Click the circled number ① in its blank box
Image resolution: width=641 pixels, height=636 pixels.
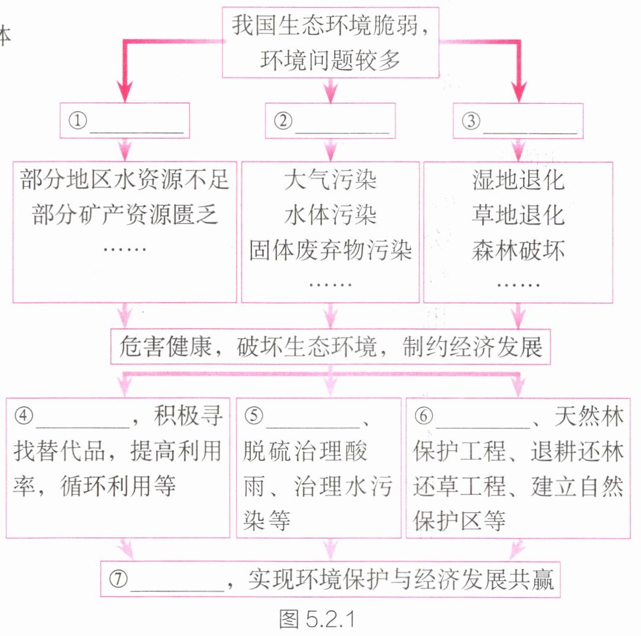pos(78,120)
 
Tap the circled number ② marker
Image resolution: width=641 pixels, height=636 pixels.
pos(283,120)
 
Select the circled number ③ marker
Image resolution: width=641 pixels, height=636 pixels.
pos(471,121)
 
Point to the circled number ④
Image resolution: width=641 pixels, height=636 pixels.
pos(24,416)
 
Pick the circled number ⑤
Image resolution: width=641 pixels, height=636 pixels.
pos(254,416)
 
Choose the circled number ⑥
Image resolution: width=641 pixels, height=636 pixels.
pos(424,416)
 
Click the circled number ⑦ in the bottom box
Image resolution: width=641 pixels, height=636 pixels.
pos(119,579)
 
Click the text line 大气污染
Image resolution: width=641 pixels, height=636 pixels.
pos(331,179)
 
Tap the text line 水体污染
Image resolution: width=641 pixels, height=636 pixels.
pos(331,215)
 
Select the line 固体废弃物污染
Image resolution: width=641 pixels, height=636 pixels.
pos(331,250)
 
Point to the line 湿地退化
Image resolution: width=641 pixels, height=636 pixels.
pos(518,179)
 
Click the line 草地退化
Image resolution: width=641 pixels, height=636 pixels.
pos(518,215)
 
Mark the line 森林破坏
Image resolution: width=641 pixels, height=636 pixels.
pos(518,250)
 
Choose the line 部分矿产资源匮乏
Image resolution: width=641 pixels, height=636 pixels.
pos(125,214)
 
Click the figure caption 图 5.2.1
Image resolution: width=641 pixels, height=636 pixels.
pos(317,619)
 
